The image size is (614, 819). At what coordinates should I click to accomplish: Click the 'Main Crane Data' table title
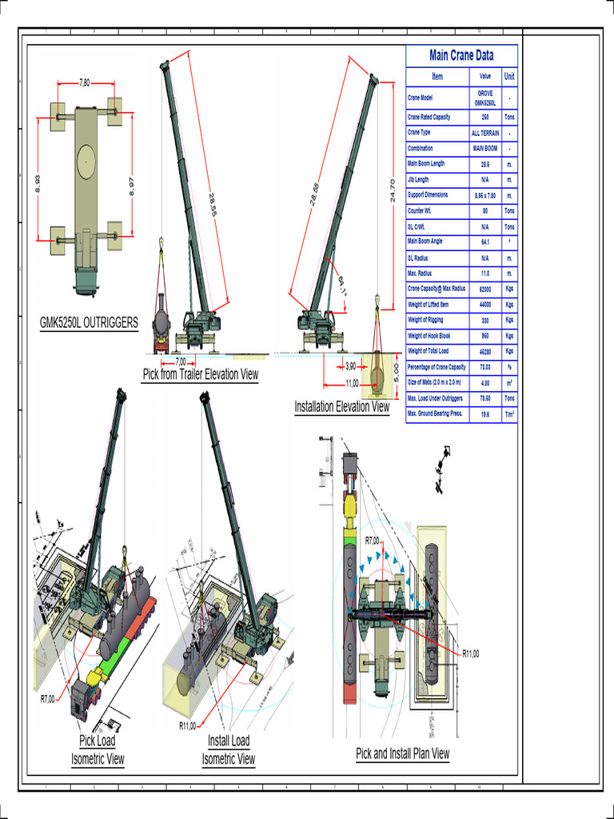coord(461,55)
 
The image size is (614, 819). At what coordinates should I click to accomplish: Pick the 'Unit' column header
coord(509,77)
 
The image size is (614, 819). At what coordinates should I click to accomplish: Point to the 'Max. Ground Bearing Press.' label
coord(436,413)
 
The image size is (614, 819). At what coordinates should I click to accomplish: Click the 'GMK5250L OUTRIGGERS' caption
coord(89,323)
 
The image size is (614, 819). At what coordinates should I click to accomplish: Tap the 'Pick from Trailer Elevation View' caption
coord(201,374)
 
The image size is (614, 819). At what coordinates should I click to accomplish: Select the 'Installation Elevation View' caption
coord(342,406)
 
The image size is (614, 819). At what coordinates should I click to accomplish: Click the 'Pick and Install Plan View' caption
coord(403,753)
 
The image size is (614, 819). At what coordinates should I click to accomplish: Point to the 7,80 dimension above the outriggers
coord(85,82)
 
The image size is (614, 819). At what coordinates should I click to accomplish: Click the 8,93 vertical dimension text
coord(38,184)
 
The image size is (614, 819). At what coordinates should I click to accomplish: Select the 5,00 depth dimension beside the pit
coord(396,373)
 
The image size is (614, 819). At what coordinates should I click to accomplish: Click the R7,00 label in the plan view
coord(372,541)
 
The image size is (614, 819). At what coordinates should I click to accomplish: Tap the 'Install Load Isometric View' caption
coord(229,749)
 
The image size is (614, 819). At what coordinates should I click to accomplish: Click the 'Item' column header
coord(437,77)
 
